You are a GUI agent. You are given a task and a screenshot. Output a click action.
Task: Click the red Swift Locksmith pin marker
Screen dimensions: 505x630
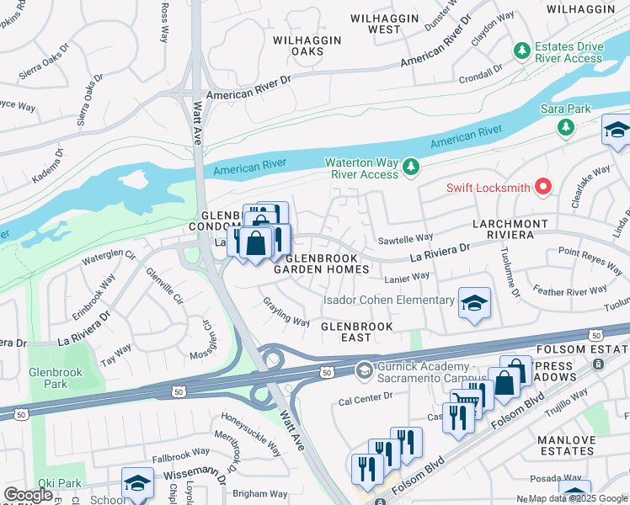543,187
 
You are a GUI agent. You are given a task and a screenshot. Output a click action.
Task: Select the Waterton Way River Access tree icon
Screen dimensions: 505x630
410,167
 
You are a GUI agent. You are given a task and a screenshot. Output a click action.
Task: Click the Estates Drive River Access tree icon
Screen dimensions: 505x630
521,51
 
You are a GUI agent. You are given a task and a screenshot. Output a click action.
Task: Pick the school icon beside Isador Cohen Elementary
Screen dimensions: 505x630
474,303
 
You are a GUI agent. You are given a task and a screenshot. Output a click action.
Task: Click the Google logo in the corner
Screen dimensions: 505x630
29,495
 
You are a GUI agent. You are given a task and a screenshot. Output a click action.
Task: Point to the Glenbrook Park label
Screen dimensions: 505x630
47,377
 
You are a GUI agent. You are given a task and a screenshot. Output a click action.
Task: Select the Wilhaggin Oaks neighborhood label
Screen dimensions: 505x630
307,45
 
